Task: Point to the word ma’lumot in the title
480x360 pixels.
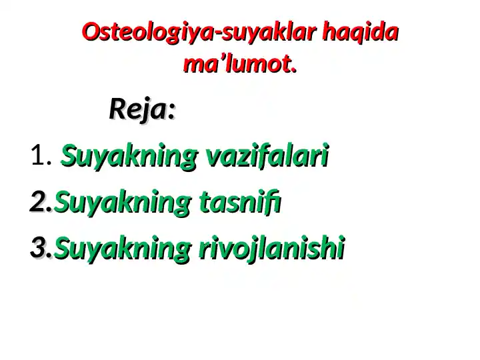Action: click(x=237, y=65)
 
